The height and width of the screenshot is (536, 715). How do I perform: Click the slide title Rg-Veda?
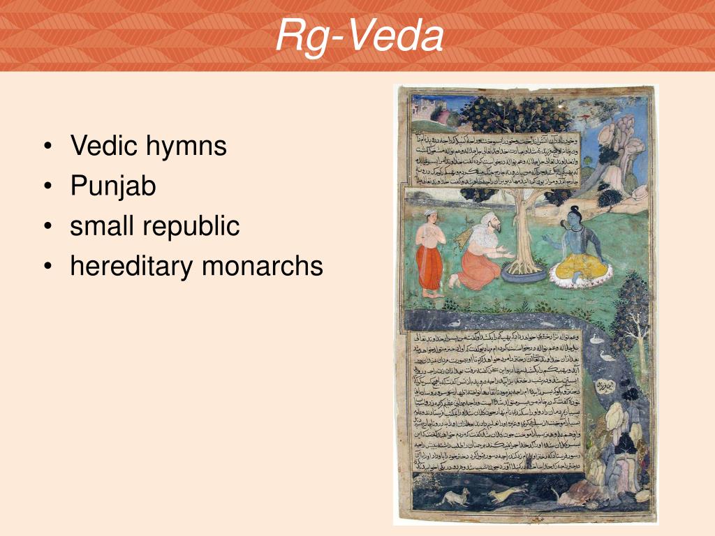[x=360, y=36]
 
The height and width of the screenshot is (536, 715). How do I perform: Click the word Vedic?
[x=105, y=147]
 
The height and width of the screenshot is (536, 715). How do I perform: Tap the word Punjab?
[x=113, y=187]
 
